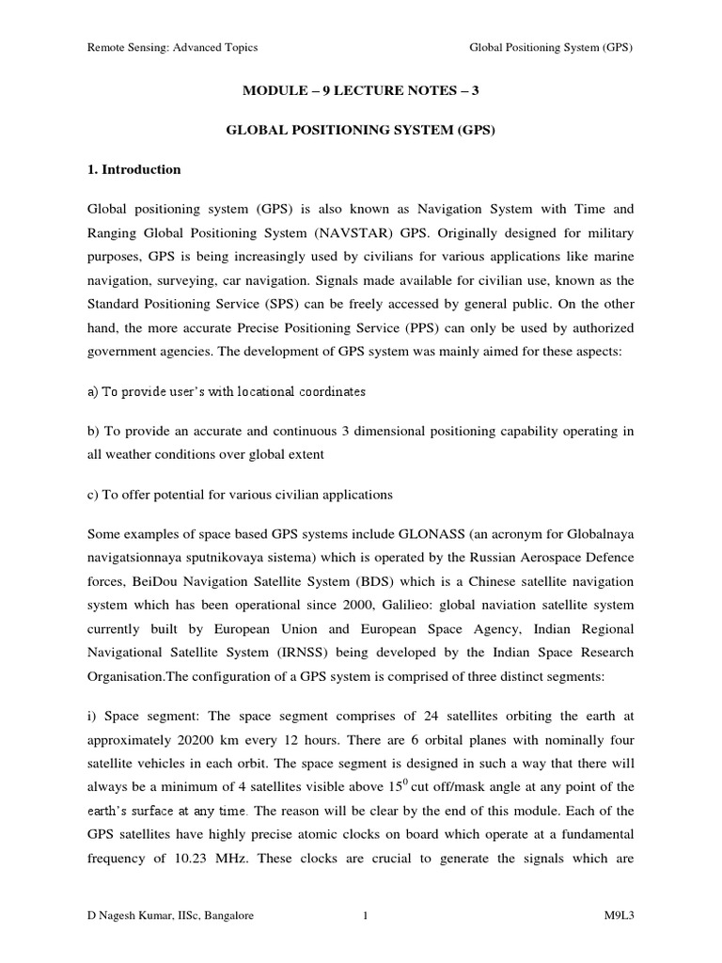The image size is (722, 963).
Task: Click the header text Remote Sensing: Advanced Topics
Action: (x=172, y=47)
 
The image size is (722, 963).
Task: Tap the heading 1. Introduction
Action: (x=134, y=170)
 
